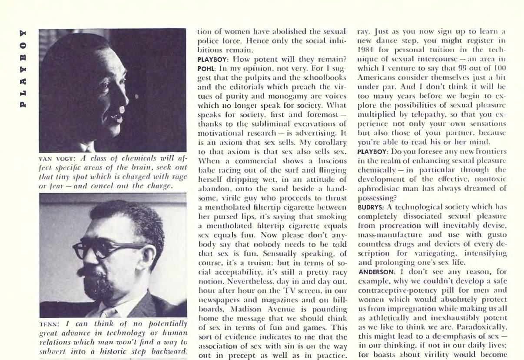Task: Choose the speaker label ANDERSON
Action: (375, 272)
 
